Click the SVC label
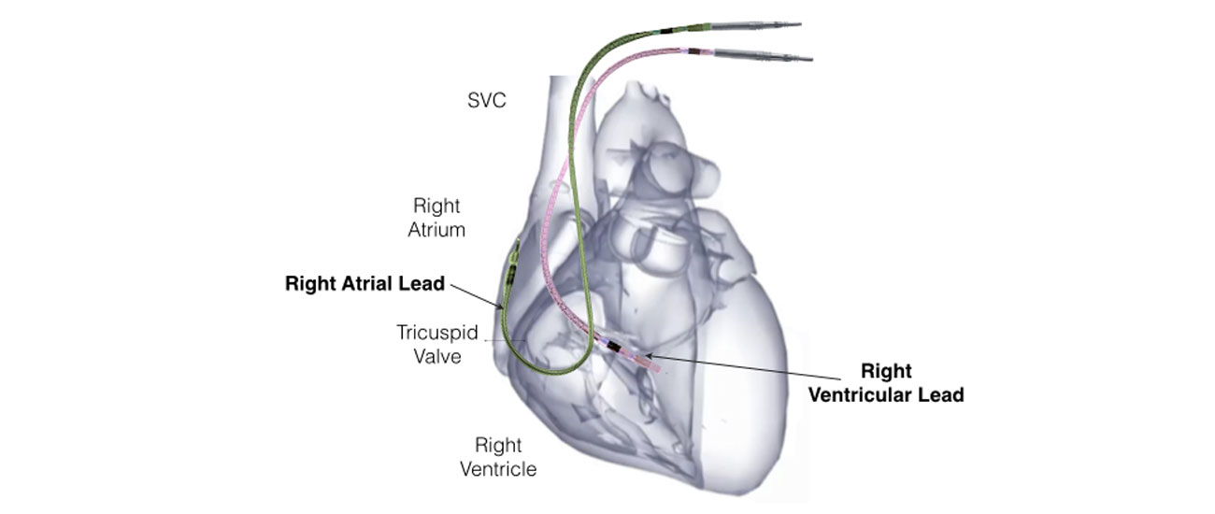(x=486, y=100)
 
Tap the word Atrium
(x=436, y=230)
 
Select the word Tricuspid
(x=437, y=333)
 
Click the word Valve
(x=437, y=356)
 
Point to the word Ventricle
(x=499, y=468)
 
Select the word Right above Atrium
(x=436, y=206)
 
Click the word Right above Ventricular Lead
(x=885, y=371)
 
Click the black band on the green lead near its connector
(x=666, y=32)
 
